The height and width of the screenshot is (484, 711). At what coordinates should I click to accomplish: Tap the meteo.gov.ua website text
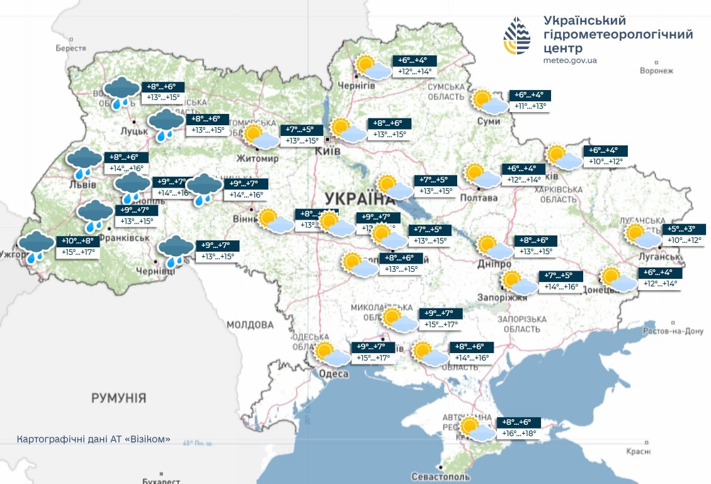pyautogui.click(x=570, y=60)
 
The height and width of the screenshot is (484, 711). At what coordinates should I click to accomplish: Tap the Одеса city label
pyautogui.click(x=334, y=374)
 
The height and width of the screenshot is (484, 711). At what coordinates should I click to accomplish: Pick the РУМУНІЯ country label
pyautogui.click(x=118, y=398)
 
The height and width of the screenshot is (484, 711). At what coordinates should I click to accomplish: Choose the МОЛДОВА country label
pyautogui.click(x=250, y=325)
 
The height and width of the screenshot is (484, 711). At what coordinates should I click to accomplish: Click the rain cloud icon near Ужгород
pyautogui.click(x=36, y=246)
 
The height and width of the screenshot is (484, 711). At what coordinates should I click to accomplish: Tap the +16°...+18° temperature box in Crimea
pyautogui.click(x=518, y=434)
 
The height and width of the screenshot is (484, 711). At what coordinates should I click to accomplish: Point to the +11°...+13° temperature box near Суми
pyautogui.click(x=529, y=106)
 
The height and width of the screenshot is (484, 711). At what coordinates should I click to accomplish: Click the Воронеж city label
pyautogui.click(x=656, y=71)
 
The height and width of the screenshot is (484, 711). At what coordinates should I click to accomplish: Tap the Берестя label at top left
pyautogui.click(x=71, y=48)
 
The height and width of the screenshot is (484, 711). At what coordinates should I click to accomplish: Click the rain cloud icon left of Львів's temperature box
pyautogui.click(x=84, y=162)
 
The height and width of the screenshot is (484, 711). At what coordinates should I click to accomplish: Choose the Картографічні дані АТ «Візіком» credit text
pyautogui.click(x=93, y=439)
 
